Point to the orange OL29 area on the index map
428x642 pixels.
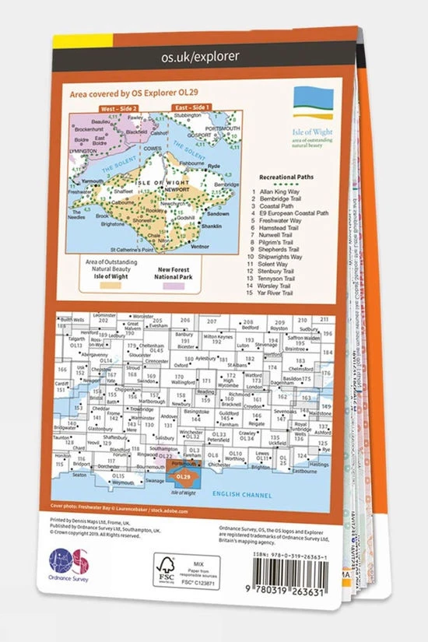tap(184, 475)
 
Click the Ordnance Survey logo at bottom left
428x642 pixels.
tap(69, 562)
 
